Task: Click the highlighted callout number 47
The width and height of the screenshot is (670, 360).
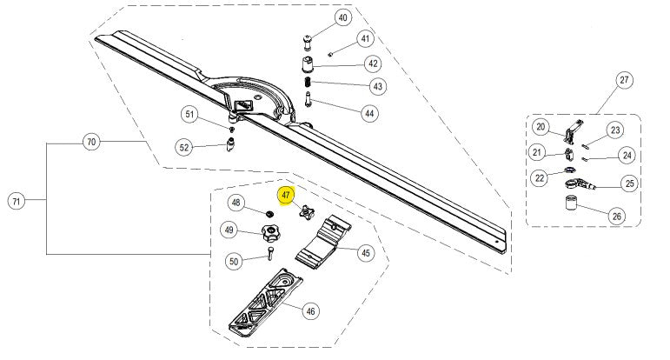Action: click(285, 196)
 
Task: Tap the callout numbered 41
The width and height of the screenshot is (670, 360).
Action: click(365, 39)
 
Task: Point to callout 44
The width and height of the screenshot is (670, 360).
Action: click(369, 113)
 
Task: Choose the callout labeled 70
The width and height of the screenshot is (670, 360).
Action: click(90, 141)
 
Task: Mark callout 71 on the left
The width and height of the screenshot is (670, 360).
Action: click(16, 202)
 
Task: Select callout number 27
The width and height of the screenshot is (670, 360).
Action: click(623, 80)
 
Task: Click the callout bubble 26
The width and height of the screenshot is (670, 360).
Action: click(617, 215)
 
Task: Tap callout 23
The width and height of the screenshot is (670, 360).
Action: click(614, 130)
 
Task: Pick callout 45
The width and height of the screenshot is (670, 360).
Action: click(365, 253)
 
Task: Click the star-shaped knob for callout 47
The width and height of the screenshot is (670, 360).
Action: click(306, 211)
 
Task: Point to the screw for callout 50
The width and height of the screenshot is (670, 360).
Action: click(269, 254)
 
